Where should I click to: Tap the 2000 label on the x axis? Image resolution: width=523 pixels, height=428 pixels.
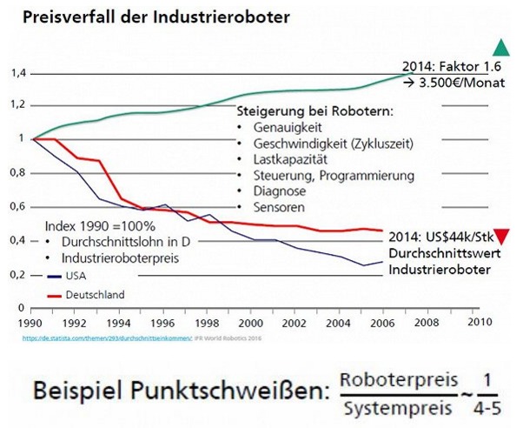click(250, 321)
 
